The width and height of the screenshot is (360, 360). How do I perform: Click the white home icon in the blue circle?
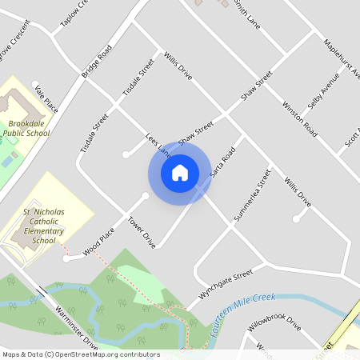pos(179,172)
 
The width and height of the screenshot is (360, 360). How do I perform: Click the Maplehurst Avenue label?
pos(342,58)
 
